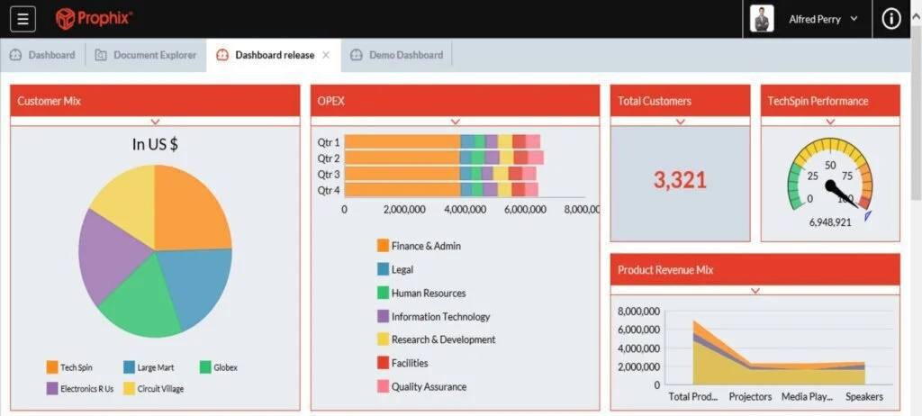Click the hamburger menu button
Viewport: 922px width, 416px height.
[23, 19]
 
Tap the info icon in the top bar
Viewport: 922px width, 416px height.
[891, 19]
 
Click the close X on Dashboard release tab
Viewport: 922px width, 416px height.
[326, 55]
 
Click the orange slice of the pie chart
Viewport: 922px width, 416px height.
[191, 207]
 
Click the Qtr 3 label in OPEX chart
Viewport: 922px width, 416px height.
[329, 174]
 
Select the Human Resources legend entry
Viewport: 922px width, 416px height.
[428, 293]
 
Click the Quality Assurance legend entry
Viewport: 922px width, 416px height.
[428, 386]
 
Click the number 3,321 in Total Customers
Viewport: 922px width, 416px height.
[680, 180]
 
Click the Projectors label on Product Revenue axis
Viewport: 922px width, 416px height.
[750, 396]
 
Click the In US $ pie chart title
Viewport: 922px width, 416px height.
[155, 144]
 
